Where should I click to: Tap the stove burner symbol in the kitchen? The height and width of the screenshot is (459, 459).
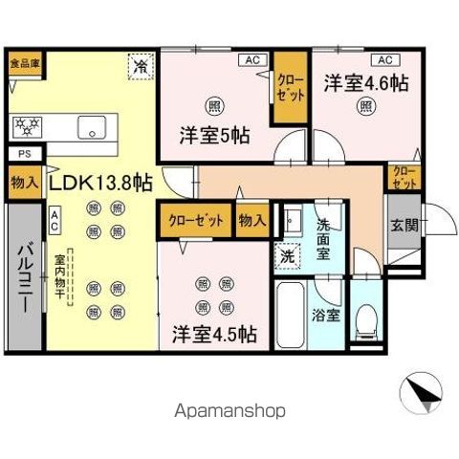(x=26, y=124)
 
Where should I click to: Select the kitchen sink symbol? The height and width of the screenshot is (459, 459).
(x=95, y=124)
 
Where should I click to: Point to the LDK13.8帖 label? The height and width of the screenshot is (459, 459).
(x=100, y=182)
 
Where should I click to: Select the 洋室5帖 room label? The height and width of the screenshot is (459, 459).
(x=215, y=135)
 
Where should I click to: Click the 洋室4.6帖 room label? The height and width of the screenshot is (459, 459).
(x=364, y=82)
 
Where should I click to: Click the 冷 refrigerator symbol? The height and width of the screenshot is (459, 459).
(x=141, y=66)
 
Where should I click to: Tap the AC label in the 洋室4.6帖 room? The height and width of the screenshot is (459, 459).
(x=381, y=58)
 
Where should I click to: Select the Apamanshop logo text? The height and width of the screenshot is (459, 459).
(x=229, y=409)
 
